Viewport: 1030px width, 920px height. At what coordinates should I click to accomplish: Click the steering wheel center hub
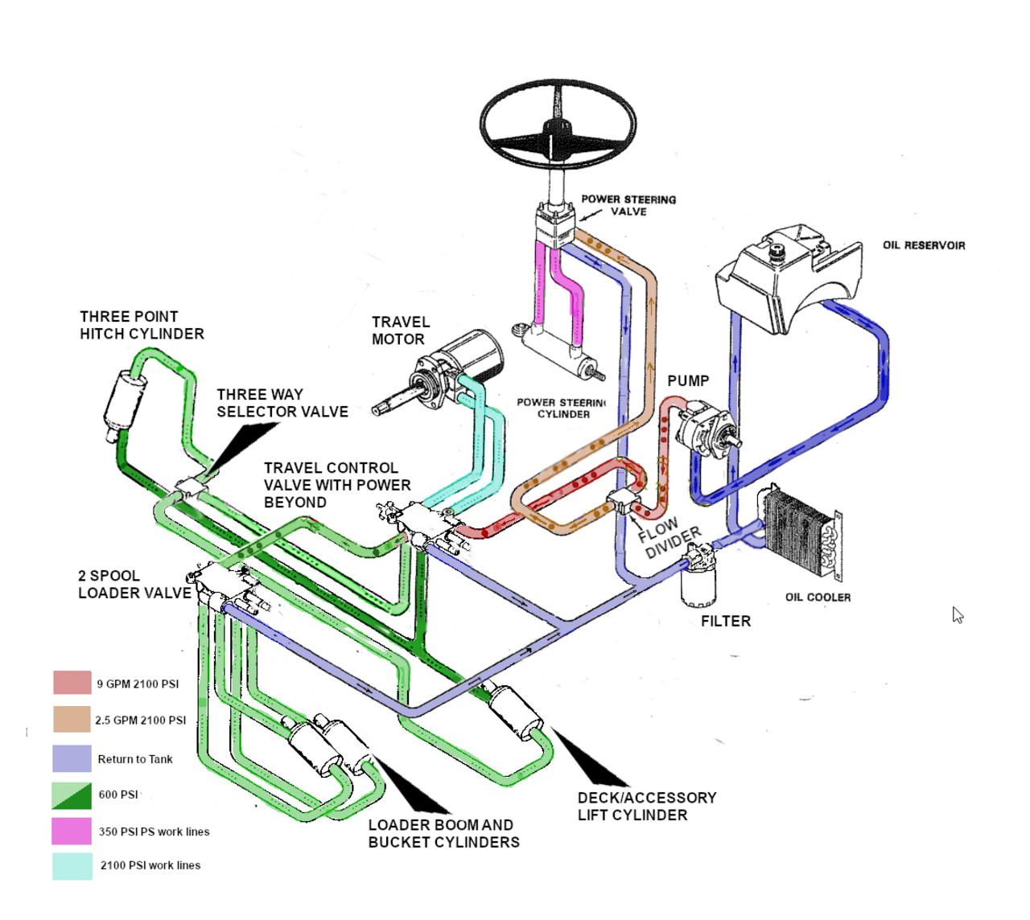(x=557, y=129)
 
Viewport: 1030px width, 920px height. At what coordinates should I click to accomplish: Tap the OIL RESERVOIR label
(x=924, y=245)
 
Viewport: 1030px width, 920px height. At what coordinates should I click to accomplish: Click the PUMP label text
(x=688, y=381)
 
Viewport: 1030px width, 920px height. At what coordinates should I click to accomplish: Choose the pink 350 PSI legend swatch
(x=72, y=831)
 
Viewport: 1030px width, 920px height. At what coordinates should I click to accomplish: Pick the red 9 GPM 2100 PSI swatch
(x=72, y=683)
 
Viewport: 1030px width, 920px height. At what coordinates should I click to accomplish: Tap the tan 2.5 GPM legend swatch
(x=72, y=720)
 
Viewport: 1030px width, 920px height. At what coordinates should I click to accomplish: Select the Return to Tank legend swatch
(x=72, y=758)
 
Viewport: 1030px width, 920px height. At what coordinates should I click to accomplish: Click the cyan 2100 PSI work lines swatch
(x=72, y=866)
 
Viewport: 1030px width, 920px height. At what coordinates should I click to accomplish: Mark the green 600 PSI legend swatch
(x=72, y=795)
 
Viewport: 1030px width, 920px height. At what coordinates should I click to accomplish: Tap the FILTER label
(x=725, y=622)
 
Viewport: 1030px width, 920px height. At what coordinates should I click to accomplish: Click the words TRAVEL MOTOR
(x=400, y=331)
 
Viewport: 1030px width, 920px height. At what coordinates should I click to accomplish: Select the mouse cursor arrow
(x=958, y=615)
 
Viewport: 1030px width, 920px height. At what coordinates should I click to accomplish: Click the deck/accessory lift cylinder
(x=515, y=712)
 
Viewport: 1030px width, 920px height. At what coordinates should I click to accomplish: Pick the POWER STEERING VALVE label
(x=628, y=205)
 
